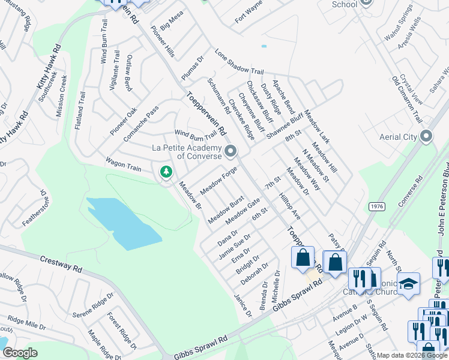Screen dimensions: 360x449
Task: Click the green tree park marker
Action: click(x=166, y=172)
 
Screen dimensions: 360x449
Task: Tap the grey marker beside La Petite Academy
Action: click(x=230, y=150)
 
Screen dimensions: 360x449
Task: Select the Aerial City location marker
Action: click(x=426, y=137)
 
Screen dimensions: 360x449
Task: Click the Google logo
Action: click(x=20, y=353)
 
